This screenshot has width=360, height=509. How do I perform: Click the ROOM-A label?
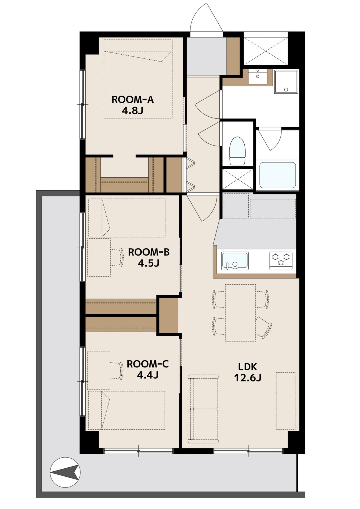coord(133,100)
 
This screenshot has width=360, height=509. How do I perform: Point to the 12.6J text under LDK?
coord(248,378)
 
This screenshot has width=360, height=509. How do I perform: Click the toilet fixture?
coord(237,151)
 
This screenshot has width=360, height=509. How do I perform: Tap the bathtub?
coord(277,175)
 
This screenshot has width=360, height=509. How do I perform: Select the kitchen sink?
coord(235,261)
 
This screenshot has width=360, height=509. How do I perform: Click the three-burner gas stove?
coord(281,261)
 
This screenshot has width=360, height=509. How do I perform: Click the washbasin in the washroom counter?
coord(258,77)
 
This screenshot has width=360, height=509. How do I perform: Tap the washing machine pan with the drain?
coord(286,82)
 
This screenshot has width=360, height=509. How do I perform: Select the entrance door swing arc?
coord(206,17)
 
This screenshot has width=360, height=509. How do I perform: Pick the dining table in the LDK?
coord(240,313)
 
